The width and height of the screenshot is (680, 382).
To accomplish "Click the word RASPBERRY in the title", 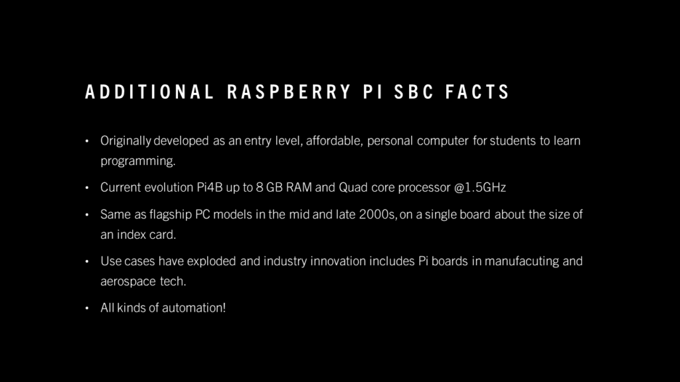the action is point(289,92).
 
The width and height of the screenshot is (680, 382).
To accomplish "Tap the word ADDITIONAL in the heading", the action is point(149,92).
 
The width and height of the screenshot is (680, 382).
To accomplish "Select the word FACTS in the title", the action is point(477,92).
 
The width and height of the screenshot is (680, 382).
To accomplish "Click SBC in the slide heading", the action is point(414,92).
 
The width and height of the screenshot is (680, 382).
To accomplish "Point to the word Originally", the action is point(126,141).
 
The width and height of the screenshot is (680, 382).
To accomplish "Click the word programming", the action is point(138,161).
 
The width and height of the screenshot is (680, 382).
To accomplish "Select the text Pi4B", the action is point(209,187).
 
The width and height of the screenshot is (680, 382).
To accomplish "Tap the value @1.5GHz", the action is point(480,187).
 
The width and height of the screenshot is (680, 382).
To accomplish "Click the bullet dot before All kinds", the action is point(87,308).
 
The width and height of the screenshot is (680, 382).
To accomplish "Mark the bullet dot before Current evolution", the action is point(87,188).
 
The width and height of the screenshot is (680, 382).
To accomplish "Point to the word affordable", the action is point(334,141).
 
